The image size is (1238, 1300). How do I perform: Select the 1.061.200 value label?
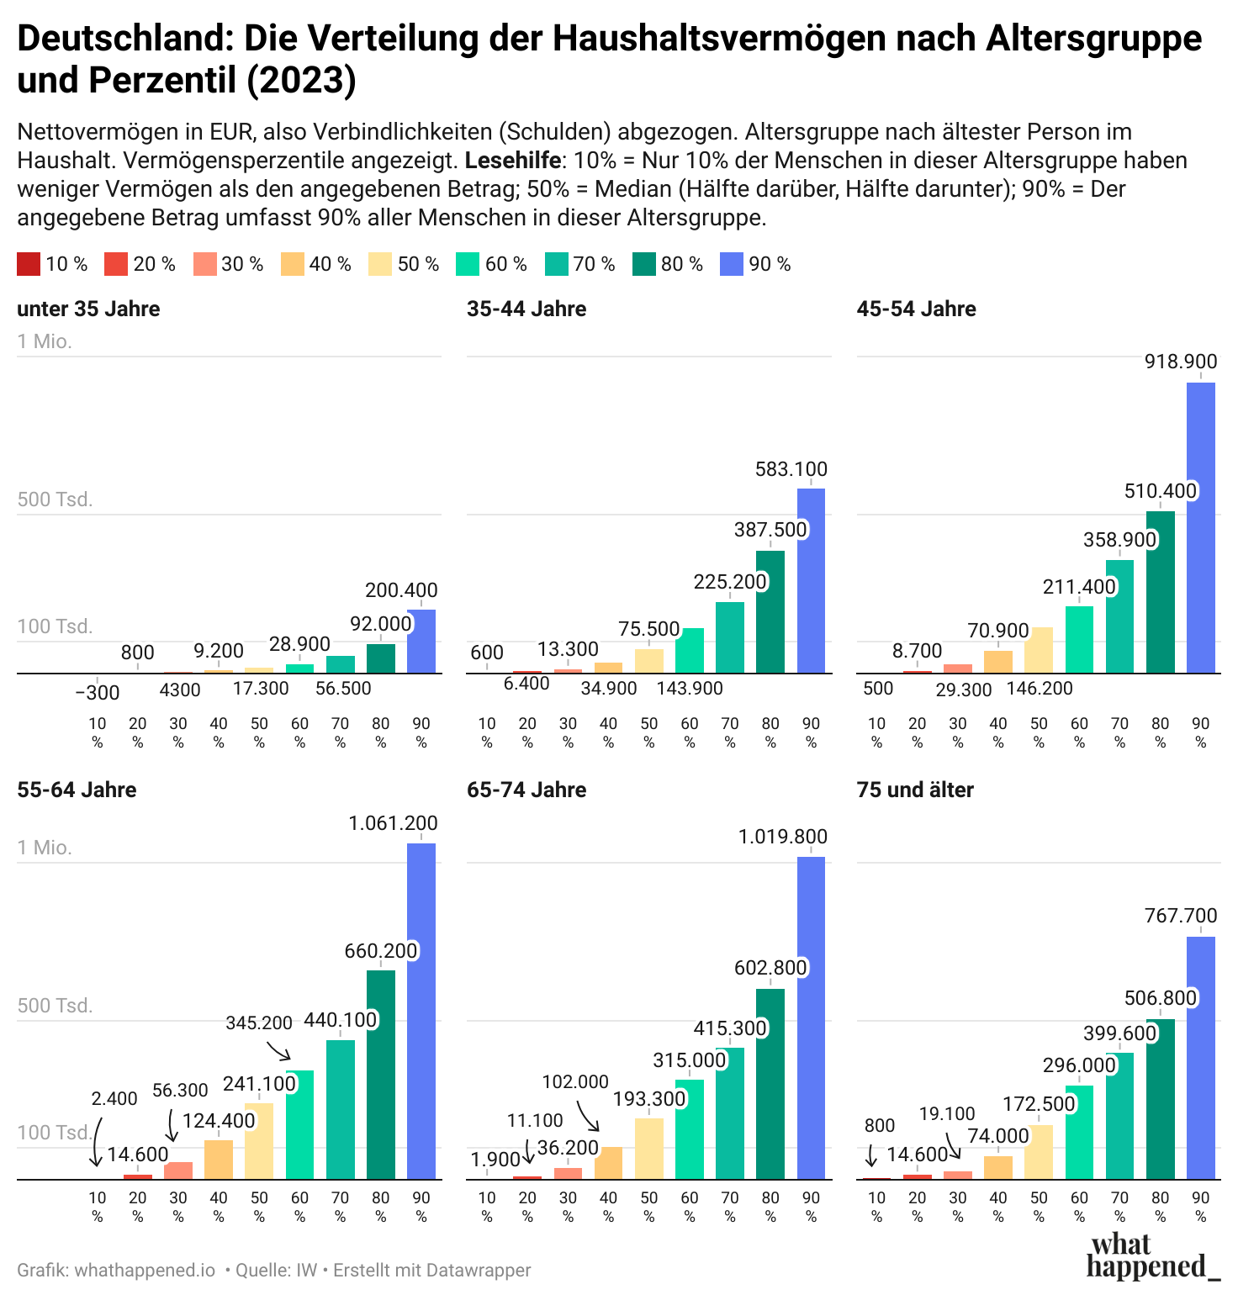(x=393, y=823)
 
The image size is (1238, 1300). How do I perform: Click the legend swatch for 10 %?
(x=28, y=264)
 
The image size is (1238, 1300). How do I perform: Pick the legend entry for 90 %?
(x=755, y=264)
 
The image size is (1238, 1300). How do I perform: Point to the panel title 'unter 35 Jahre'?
(x=88, y=309)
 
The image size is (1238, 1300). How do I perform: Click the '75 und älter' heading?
(x=915, y=790)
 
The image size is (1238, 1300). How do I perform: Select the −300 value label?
(x=98, y=693)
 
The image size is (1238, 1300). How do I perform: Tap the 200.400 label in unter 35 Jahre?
(x=401, y=590)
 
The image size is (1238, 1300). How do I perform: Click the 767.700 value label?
(x=1181, y=916)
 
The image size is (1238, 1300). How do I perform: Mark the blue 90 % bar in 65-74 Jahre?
(x=811, y=1017)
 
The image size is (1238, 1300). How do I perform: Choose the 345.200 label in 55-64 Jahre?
(x=259, y=1023)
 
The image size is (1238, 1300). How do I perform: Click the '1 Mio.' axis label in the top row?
(x=45, y=341)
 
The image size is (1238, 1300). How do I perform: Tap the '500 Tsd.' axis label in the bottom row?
(x=55, y=1006)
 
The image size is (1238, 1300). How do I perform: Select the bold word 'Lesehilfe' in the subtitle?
(x=512, y=161)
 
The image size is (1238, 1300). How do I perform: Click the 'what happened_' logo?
(x=1151, y=1256)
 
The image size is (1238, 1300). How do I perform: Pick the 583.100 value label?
(x=791, y=469)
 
